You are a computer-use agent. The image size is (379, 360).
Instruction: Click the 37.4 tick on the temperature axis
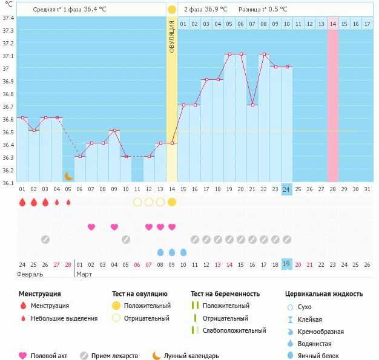[8, 18]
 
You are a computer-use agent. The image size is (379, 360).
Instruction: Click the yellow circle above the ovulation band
[172, 10]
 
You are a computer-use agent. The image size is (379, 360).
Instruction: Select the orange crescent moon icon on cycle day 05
[68, 175]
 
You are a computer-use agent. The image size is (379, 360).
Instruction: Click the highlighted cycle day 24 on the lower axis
[286, 189]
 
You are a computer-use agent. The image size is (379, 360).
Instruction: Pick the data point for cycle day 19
[229, 54]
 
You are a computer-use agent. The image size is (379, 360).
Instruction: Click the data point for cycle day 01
[22, 117]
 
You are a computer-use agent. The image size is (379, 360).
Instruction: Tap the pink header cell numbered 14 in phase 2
[332, 24]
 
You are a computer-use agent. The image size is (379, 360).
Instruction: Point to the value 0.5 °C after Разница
[277, 9]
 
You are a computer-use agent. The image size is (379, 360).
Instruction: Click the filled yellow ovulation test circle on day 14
[172, 202]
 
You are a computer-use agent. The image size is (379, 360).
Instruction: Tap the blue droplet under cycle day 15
[183, 252]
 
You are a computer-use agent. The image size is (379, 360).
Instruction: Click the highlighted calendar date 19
[286, 264]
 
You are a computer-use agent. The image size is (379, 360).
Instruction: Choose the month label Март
[84, 274]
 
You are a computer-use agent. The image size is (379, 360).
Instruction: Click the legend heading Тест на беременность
[225, 293]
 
